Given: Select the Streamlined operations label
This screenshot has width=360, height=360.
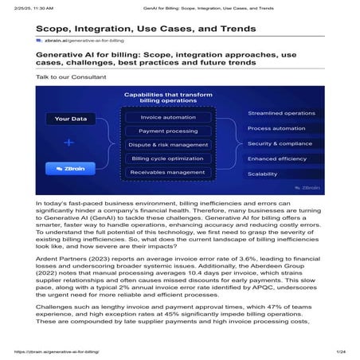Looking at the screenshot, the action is click(x=281, y=113).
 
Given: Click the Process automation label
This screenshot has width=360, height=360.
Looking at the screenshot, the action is click(x=276, y=128).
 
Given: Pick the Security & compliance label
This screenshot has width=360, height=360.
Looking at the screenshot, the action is click(x=280, y=143).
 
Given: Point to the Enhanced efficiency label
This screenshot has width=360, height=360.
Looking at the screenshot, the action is click(x=277, y=158).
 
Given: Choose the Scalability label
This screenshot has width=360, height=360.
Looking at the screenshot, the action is click(x=263, y=174).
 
